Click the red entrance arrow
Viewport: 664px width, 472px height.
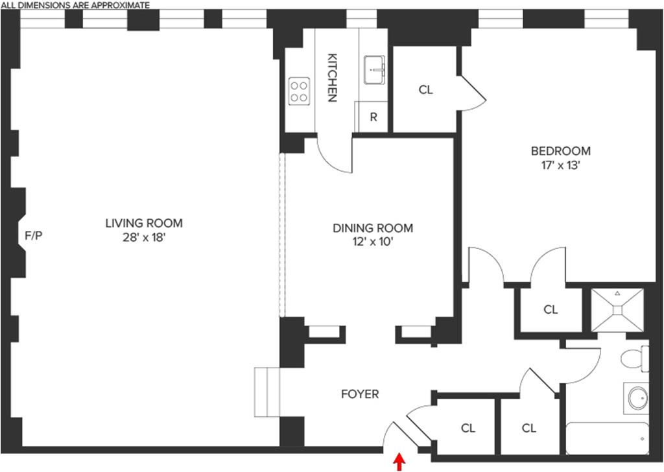pyautogui.click(x=399, y=462)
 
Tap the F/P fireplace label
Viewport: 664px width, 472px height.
pyautogui.click(x=33, y=235)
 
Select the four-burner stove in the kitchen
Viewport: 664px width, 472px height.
pyautogui.click(x=299, y=91)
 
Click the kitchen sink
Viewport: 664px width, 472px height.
pyautogui.click(x=375, y=70)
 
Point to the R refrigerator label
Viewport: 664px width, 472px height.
pyautogui.click(x=373, y=117)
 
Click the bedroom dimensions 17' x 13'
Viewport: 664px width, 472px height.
pyautogui.click(x=561, y=165)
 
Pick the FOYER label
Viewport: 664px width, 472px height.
pyautogui.click(x=360, y=394)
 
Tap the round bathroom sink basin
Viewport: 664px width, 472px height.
pyautogui.click(x=637, y=397)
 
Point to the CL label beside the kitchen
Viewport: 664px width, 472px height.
pyautogui.click(x=425, y=90)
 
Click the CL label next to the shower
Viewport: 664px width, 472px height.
pyautogui.click(x=551, y=310)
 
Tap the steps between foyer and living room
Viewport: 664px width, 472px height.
pyautogui.click(x=267, y=393)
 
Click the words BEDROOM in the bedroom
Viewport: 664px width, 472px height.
pyautogui.click(x=561, y=151)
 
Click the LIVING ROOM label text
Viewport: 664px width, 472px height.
pyautogui.click(x=144, y=223)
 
